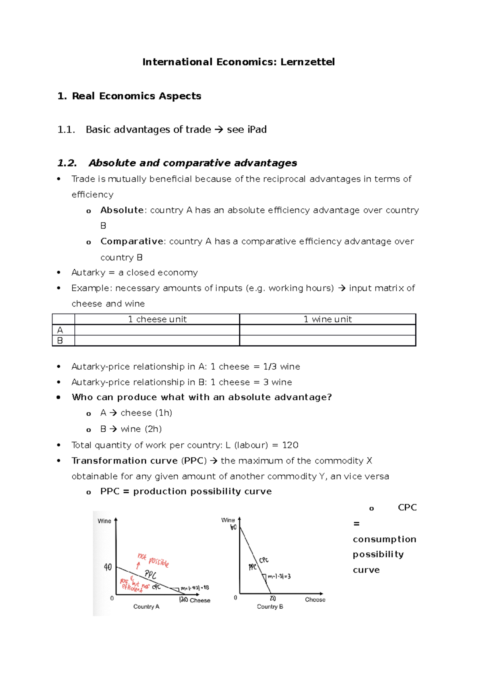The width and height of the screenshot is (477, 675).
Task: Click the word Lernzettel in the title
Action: point(307,62)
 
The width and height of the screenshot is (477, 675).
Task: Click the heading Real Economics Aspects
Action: point(136,96)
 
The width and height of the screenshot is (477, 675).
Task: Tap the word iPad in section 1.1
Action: point(257,130)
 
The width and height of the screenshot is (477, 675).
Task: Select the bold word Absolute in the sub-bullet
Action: point(122,210)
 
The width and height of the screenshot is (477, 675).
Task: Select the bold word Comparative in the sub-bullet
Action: point(132,241)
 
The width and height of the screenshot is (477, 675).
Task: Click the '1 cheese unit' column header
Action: point(157,319)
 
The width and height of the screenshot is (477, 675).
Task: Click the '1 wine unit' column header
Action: point(328,319)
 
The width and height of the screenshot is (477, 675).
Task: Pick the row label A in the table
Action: point(60,330)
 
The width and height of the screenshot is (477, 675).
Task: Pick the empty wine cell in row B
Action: point(328,341)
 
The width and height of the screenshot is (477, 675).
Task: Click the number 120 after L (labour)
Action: point(290,445)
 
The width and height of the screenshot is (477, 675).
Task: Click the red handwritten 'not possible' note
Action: point(153,560)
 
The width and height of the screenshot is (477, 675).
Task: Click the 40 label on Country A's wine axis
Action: point(108,567)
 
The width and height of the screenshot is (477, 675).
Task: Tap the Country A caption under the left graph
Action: point(146,607)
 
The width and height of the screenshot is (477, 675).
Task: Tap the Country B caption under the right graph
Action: point(270,607)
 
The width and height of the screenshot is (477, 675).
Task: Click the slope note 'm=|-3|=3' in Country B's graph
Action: point(279,576)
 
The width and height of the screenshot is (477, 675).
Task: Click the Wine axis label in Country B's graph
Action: point(228,520)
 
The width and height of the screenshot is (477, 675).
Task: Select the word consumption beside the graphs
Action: point(384,539)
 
